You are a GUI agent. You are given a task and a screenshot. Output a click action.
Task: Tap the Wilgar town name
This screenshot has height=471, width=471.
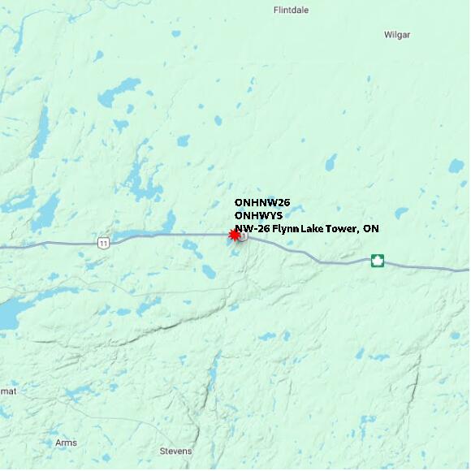click(x=396, y=35)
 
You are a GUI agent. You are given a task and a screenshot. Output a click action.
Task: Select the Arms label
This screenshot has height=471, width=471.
click(x=66, y=443)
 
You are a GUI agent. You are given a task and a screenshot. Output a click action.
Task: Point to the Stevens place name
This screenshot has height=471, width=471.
click(x=175, y=451)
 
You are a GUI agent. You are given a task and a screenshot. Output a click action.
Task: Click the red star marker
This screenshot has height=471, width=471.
click(x=235, y=235)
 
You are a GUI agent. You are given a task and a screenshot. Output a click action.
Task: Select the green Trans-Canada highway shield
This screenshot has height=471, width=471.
click(x=377, y=261)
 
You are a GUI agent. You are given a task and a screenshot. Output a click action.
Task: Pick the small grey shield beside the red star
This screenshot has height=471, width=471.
click(x=243, y=235)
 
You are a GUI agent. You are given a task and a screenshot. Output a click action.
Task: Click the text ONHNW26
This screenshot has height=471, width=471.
click(x=261, y=202)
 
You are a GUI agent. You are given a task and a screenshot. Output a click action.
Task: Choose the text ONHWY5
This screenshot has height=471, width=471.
click(x=259, y=215)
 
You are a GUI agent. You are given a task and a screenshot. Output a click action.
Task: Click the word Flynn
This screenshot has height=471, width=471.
click(x=285, y=229)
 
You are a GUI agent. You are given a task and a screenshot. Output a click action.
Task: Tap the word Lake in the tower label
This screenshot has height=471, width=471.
click(x=314, y=229)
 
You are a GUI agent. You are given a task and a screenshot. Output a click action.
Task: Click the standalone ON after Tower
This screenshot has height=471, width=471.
click(x=370, y=229)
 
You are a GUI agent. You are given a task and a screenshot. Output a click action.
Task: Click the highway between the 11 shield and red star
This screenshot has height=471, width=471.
click(x=171, y=235)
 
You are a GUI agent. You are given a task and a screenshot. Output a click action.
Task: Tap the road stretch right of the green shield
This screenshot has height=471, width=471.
click(x=422, y=266)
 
